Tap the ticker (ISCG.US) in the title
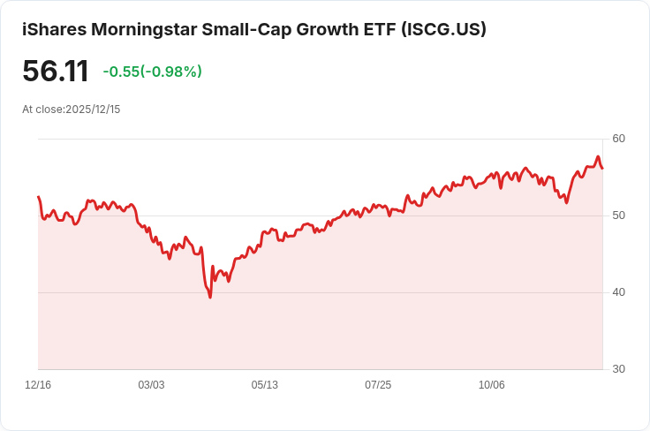(x=443, y=29)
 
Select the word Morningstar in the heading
(x=142, y=29)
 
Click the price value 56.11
(x=56, y=72)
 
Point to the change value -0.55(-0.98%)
(x=152, y=72)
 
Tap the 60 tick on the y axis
(x=618, y=139)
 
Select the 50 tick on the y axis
(x=618, y=215)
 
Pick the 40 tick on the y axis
(x=618, y=292)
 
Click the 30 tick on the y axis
(x=618, y=369)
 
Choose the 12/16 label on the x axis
(x=38, y=385)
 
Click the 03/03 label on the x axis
(x=151, y=385)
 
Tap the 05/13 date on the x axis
(x=264, y=385)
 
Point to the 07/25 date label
(x=378, y=385)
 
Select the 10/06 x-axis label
(x=491, y=385)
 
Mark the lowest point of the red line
(x=210, y=297)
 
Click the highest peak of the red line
(x=598, y=157)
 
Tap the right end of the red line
(x=602, y=168)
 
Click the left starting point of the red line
(x=38, y=197)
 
